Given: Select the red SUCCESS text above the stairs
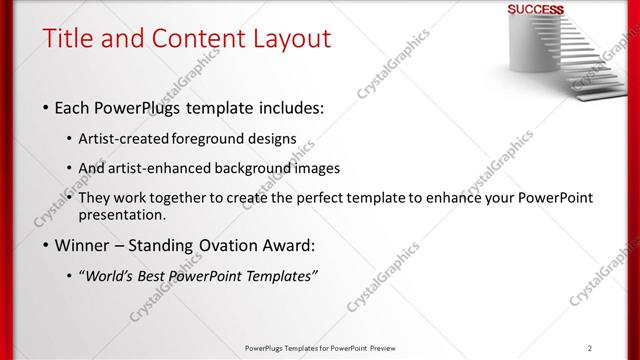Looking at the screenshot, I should (x=536, y=10).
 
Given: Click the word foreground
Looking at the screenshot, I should (x=215, y=138).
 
